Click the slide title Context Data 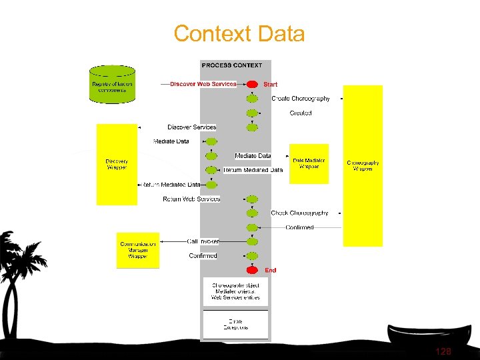point(239,33)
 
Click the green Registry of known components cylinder point(112,84)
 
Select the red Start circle point(252,84)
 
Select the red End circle point(252,270)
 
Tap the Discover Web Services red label point(203,84)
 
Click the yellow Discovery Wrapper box point(117,164)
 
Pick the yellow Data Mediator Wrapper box point(309,163)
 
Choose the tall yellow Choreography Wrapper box point(363,165)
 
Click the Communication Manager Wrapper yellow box point(138,250)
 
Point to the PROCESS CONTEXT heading point(232,65)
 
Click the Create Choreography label point(301,99)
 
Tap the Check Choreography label point(299,213)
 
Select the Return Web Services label point(191,199)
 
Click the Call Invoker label point(203,241)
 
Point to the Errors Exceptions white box point(235,324)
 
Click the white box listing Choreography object point(235,291)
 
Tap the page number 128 point(443,351)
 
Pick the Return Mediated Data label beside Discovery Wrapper point(171,185)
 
